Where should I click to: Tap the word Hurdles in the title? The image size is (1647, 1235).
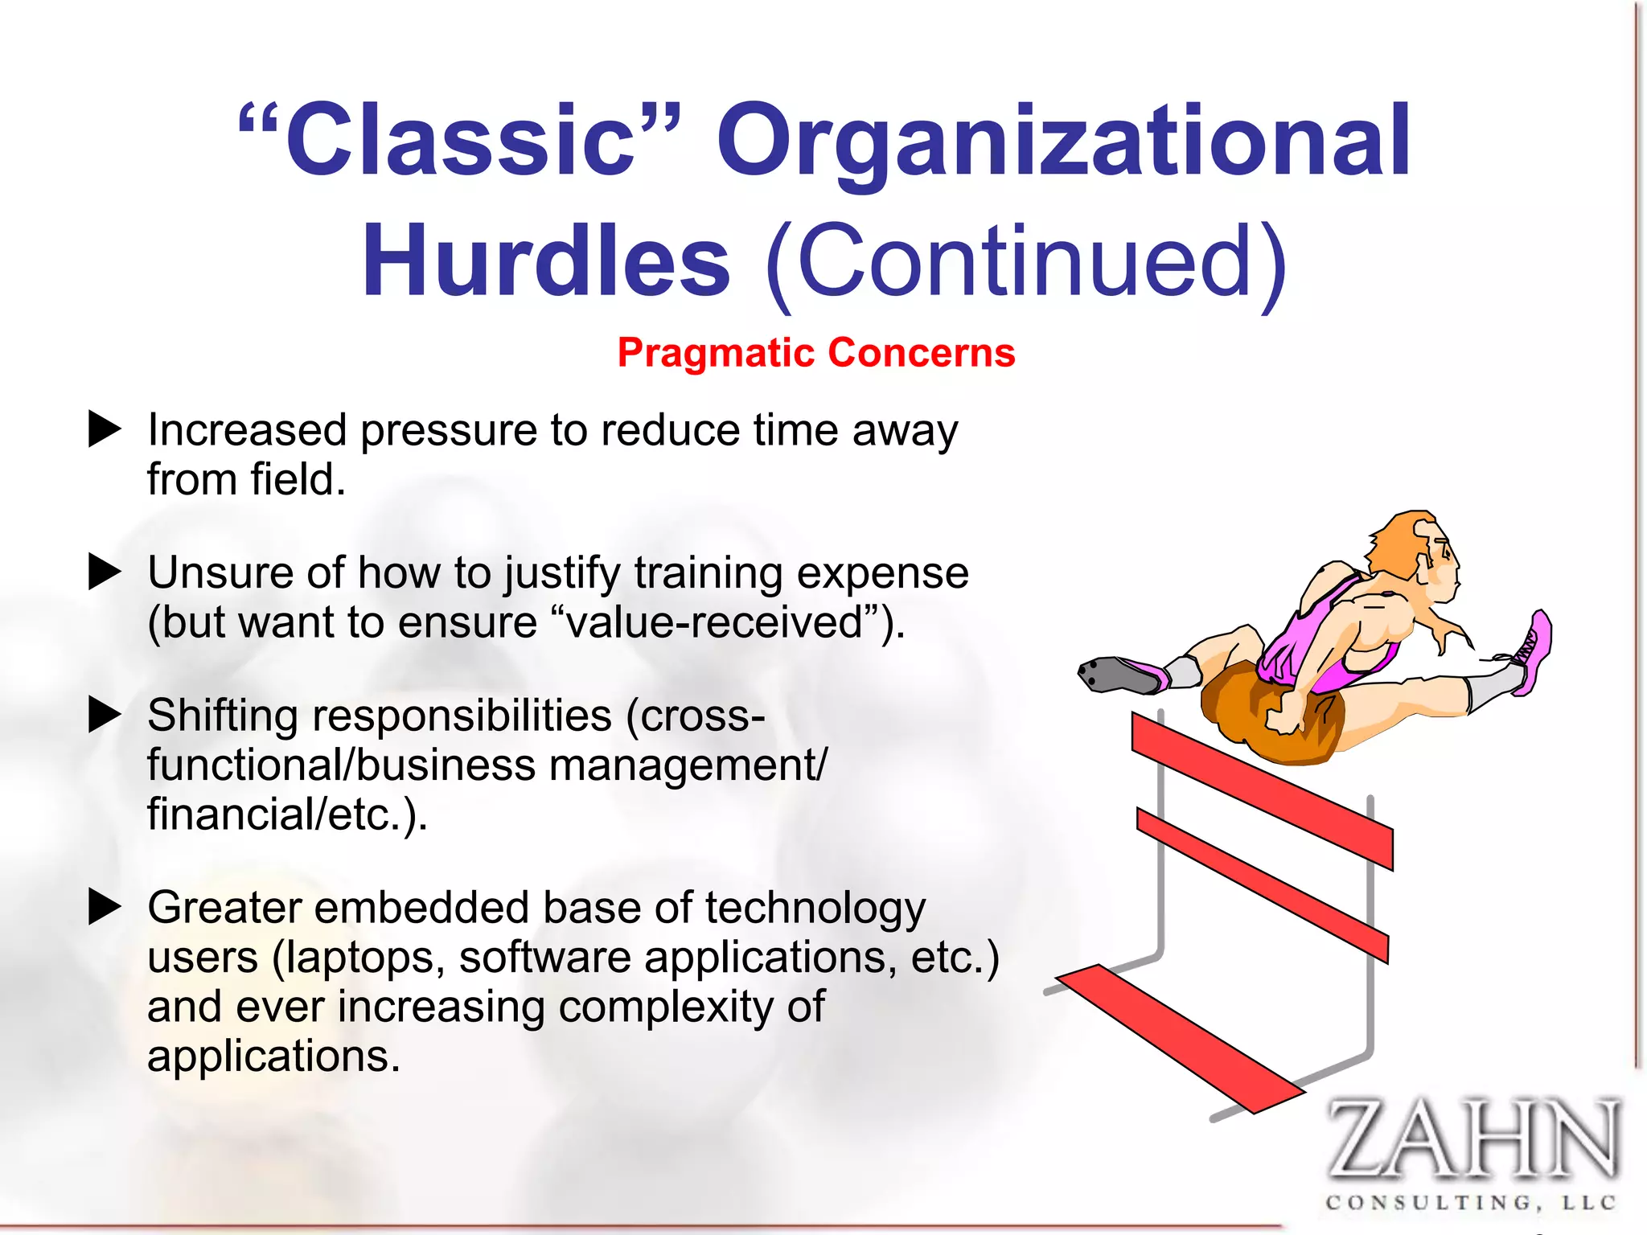[x=546, y=261]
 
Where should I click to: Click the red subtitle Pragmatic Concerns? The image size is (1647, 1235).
[x=816, y=353]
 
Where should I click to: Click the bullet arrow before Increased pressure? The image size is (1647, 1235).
[x=104, y=429]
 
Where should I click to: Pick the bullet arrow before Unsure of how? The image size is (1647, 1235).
[x=104, y=572]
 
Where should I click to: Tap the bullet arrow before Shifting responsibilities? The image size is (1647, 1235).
[x=104, y=715]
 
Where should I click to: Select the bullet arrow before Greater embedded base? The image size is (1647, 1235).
[x=104, y=907]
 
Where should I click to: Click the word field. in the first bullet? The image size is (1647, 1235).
[x=297, y=480]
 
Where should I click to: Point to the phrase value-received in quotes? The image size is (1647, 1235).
[x=715, y=622]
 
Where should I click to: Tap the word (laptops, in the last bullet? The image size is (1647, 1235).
[x=359, y=958]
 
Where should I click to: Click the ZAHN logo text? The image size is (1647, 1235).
[x=1471, y=1139]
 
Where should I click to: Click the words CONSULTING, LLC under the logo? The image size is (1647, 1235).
[x=1471, y=1203]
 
